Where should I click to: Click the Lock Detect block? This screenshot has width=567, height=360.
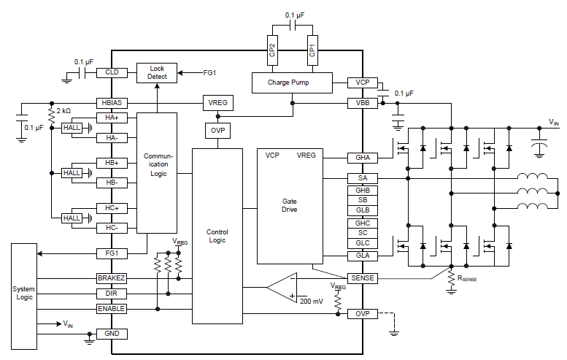pos(157,73)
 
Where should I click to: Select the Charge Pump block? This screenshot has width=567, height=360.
pos(292,83)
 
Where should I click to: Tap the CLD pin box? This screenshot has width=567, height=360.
pos(112,72)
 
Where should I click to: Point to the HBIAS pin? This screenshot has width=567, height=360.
pos(112,103)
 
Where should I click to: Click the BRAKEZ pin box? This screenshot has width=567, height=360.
pos(112,278)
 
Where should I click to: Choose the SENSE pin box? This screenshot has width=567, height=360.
pos(363,278)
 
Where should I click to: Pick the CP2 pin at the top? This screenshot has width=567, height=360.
pos(272,50)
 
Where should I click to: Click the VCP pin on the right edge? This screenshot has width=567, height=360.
pos(363,83)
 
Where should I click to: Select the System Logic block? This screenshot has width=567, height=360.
pos(24,296)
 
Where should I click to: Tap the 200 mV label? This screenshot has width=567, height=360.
pos(312,302)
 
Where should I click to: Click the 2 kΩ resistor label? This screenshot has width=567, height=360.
pos(63,111)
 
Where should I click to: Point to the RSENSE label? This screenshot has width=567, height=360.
pos(467,279)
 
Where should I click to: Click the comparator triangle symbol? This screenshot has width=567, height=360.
pos(282,288)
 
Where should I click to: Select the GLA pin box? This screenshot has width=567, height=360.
pos(363,256)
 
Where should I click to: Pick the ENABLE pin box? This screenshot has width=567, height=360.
pos(112,309)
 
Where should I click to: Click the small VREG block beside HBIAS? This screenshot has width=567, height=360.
pos(217,103)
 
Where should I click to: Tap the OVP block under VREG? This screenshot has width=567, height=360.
pos(217,131)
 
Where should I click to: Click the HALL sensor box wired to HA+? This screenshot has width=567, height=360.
pos(72,128)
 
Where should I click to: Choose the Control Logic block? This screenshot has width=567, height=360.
pos(217,236)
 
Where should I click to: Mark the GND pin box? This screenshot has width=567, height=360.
pos(112,334)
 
